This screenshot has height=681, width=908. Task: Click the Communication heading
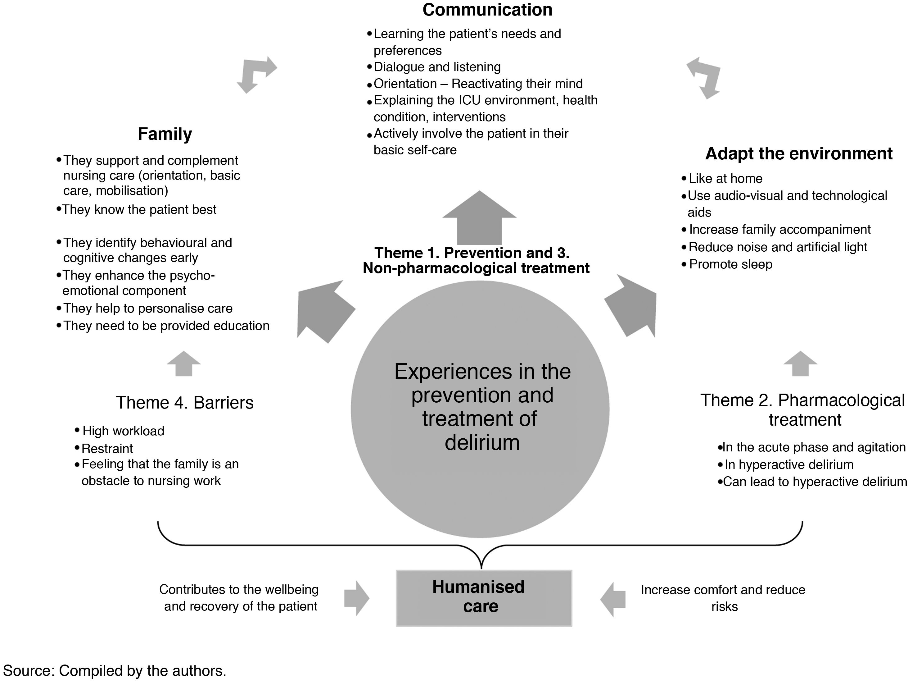pyautogui.click(x=487, y=10)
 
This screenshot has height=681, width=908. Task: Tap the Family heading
pyautogui.click(x=165, y=134)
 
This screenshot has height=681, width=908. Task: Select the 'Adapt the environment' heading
pyautogui.click(x=798, y=153)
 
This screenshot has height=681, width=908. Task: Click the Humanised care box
pyautogui.click(x=484, y=598)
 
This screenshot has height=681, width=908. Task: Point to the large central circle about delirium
pyautogui.click(x=480, y=409)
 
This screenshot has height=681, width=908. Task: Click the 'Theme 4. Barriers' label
pyautogui.click(x=184, y=403)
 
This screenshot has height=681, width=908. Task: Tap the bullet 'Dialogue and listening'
pyautogui.click(x=437, y=67)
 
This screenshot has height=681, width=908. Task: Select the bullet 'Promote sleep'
pyautogui.click(x=730, y=264)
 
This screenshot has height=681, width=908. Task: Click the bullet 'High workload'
pyautogui.click(x=123, y=431)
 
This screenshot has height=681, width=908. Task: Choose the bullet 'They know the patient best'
pyautogui.click(x=139, y=209)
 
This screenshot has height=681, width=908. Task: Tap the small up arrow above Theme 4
pyautogui.click(x=183, y=364)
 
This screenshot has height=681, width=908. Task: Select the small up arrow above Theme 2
pyautogui.click(x=800, y=364)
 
